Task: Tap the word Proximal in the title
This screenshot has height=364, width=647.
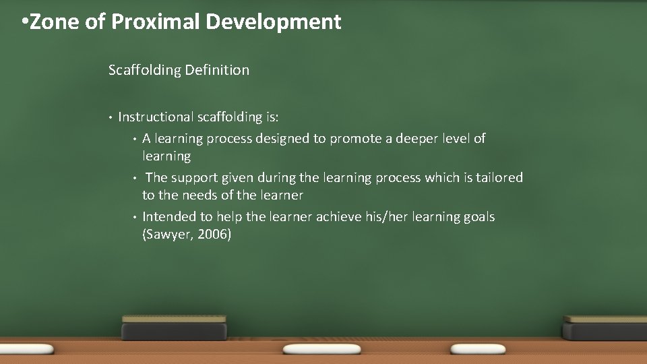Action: click(x=156, y=22)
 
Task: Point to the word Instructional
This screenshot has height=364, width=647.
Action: click(x=156, y=117)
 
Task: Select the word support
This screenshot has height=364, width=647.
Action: click(x=194, y=178)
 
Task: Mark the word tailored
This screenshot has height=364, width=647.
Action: click(x=499, y=178)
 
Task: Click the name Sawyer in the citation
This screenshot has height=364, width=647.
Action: click(x=166, y=235)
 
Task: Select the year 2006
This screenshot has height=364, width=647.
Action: click(x=212, y=235)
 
